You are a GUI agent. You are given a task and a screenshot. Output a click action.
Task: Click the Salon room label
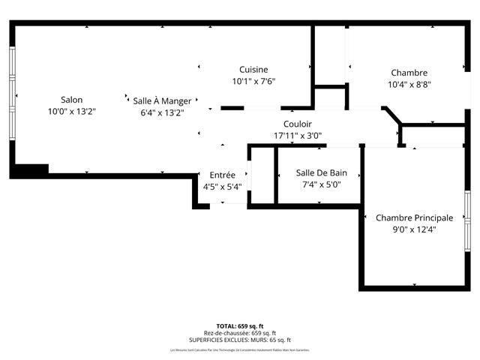coord(72,100)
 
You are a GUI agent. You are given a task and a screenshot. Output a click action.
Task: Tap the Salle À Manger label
coord(162,100)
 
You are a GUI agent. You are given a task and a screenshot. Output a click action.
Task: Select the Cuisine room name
coord(253,70)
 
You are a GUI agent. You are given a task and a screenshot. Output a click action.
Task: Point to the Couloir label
coord(298,124)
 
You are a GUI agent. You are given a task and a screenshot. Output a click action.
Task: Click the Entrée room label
coord(222,175)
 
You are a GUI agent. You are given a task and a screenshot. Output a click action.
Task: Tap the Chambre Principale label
coord(414,217)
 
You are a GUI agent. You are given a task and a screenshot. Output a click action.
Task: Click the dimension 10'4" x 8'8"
coord(409,85)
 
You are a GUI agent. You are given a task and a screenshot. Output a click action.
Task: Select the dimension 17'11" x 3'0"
coord(298,136)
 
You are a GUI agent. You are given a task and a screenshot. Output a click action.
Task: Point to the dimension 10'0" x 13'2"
coord(72,111)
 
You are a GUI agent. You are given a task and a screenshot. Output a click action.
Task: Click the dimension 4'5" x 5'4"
coord(222,187)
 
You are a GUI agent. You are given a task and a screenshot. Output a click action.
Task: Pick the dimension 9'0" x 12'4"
coord(414,229)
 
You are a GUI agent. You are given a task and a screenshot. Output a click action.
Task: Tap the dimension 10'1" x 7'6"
coord(253,82)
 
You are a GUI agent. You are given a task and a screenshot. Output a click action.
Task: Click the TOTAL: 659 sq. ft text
coord(239,326)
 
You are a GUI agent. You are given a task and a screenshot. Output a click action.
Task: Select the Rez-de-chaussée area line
coord(239,333)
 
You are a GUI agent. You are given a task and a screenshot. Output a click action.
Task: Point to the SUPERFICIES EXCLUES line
coord(239,340)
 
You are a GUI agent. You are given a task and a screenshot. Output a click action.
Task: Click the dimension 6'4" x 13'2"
coord(162,112)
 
